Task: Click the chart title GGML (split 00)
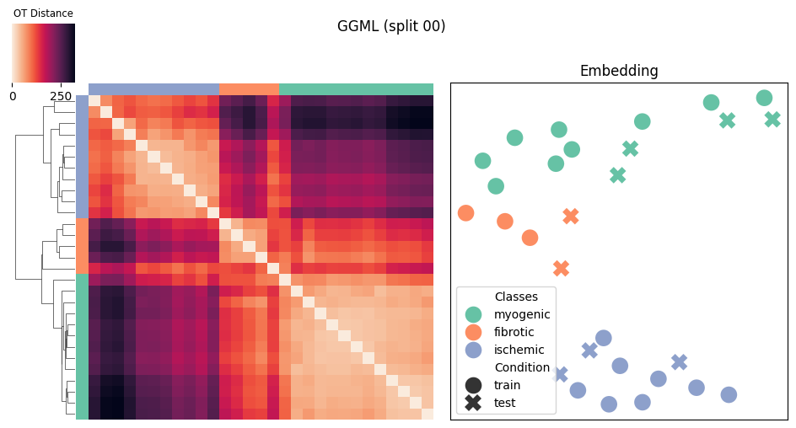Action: click(391, 26)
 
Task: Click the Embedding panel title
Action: click(619, 71)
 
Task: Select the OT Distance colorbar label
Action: click(43, 13)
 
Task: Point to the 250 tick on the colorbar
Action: click(61, 96)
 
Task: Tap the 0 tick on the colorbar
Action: click(13, 96)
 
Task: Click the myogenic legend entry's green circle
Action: click(473, 314)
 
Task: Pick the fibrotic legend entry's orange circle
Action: click(473, 332)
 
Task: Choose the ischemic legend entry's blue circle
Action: click(473, 350)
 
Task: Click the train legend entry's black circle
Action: click(473, 385)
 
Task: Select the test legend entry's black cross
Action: click(473, 403)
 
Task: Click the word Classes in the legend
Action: click(516, 297)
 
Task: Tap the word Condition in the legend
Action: click(523, 367)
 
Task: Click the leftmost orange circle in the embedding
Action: click(465, 213)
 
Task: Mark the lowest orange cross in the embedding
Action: click(561, 268)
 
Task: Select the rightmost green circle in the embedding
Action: click(764, 98)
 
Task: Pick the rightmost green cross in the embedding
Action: click(772, 119)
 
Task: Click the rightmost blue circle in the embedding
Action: click(729, 394)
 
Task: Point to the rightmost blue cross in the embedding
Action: click(680, 362)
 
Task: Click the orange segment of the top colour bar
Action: click(249, 89)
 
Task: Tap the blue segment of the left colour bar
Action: click(83, 157)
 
